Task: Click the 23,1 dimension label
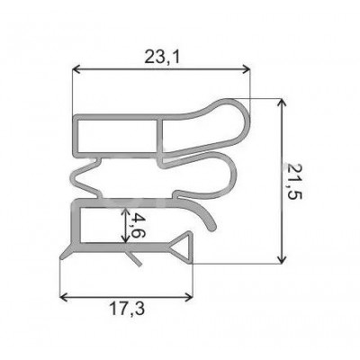(x=162, y=57)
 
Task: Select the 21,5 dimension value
(x=294, y=181)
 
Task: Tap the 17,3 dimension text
(x=127, y=309)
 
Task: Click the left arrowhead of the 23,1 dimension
(x=76, y=69)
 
